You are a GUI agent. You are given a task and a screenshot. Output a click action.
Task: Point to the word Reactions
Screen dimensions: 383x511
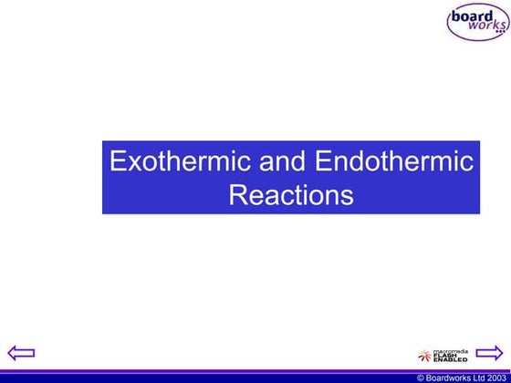[x=290, y=195]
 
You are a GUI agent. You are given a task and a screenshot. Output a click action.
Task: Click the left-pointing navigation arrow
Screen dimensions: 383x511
[x=20, y=352]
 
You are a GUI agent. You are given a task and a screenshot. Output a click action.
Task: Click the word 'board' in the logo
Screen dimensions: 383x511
[x=473, y=16]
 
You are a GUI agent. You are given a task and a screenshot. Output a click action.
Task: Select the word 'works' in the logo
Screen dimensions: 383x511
[x=484, y=28]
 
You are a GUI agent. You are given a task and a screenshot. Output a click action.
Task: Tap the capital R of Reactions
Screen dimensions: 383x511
[x=236, y=195]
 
